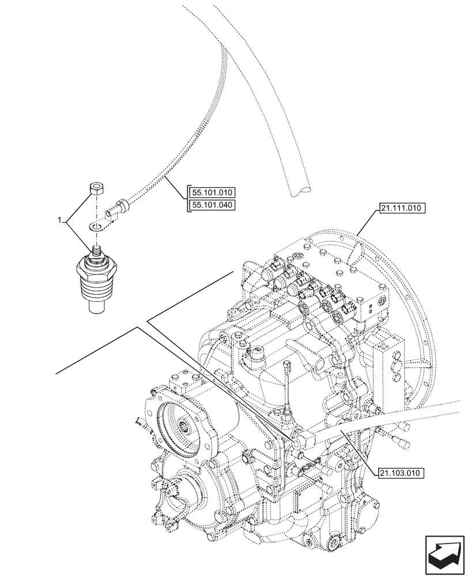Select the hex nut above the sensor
[96, 188]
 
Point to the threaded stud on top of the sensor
[96, 253]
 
